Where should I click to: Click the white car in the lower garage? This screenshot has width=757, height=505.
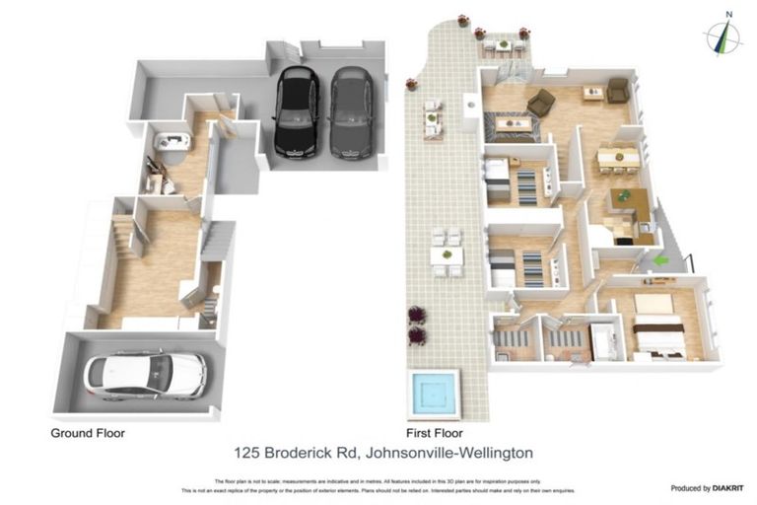pos(146,375)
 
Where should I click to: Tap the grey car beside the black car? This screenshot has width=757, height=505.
pos(347,111)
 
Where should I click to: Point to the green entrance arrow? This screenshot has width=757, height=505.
pos(661,260)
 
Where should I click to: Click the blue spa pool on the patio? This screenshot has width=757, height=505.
pos(432,393)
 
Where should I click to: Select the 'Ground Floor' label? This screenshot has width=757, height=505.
pos(88,432)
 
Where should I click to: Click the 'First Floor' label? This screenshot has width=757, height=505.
pos(435,432)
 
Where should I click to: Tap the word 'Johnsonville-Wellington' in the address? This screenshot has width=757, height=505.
pos(448,453)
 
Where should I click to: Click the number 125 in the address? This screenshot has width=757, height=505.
pos(248,453)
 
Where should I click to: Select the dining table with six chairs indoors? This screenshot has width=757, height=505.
pos(618,155)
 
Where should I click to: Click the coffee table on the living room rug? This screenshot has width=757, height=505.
pos(513,123)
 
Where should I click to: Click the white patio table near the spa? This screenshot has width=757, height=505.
pos(447,254)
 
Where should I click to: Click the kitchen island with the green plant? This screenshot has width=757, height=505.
pos(623,201)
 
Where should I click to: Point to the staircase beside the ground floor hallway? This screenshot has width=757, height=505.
pos(218,240)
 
